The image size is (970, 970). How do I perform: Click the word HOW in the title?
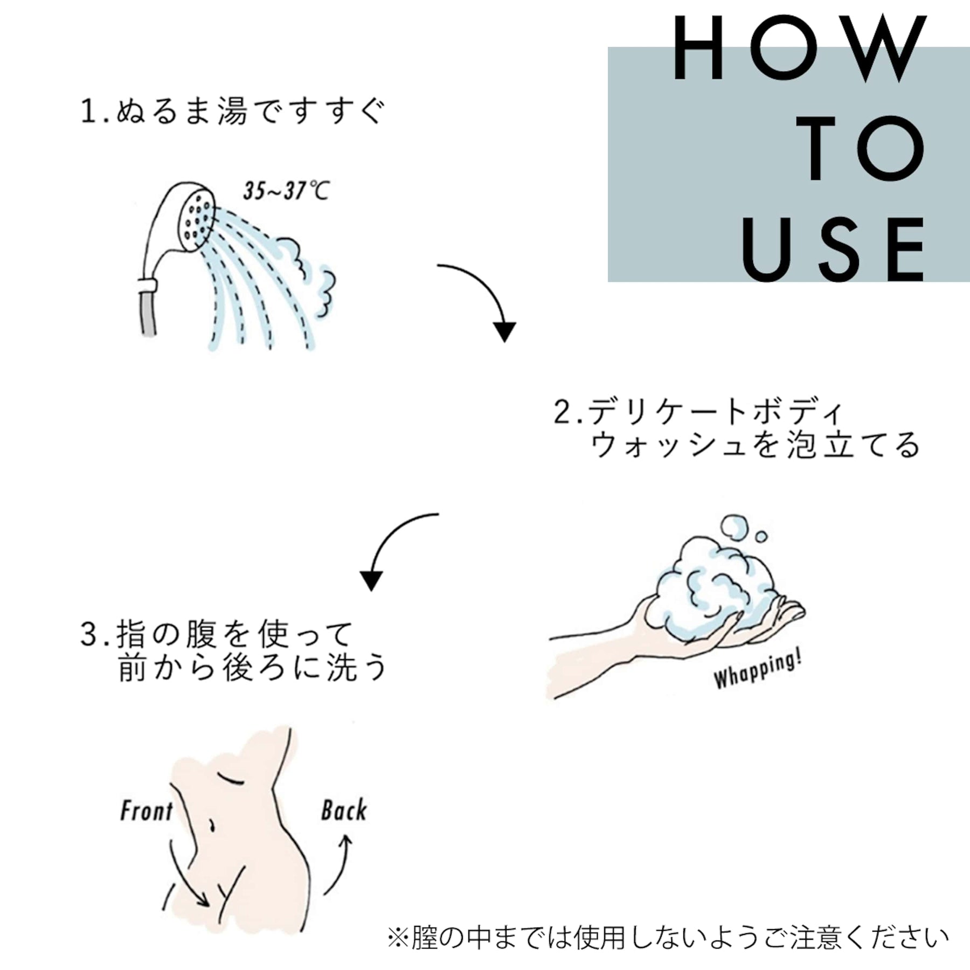coord(799,48)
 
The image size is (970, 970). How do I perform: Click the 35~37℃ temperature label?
coord(286,191)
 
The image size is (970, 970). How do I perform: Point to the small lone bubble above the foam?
coord(761,537)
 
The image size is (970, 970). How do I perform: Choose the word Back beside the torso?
coord(344,810)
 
